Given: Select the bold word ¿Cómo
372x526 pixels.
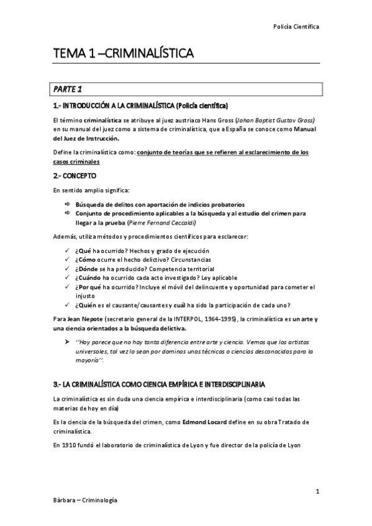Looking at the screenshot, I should coord(86,259).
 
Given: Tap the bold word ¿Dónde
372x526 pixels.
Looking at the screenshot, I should coord(88,269).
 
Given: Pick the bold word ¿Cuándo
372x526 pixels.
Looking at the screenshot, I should coord(89,278).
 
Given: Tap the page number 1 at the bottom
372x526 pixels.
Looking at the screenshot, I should coord(317,492).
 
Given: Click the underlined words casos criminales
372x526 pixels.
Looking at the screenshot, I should coord(75,161).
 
